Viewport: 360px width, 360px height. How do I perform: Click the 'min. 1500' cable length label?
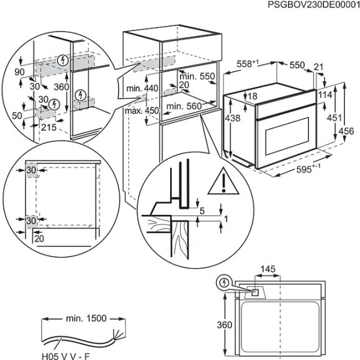click(x=84, y=318)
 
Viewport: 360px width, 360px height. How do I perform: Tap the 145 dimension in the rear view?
click(x=267, y=269)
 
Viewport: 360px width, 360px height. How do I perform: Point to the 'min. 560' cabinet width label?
click(x=184, y=106)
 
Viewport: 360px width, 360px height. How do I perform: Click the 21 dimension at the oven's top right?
click(x=319, y=66)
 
